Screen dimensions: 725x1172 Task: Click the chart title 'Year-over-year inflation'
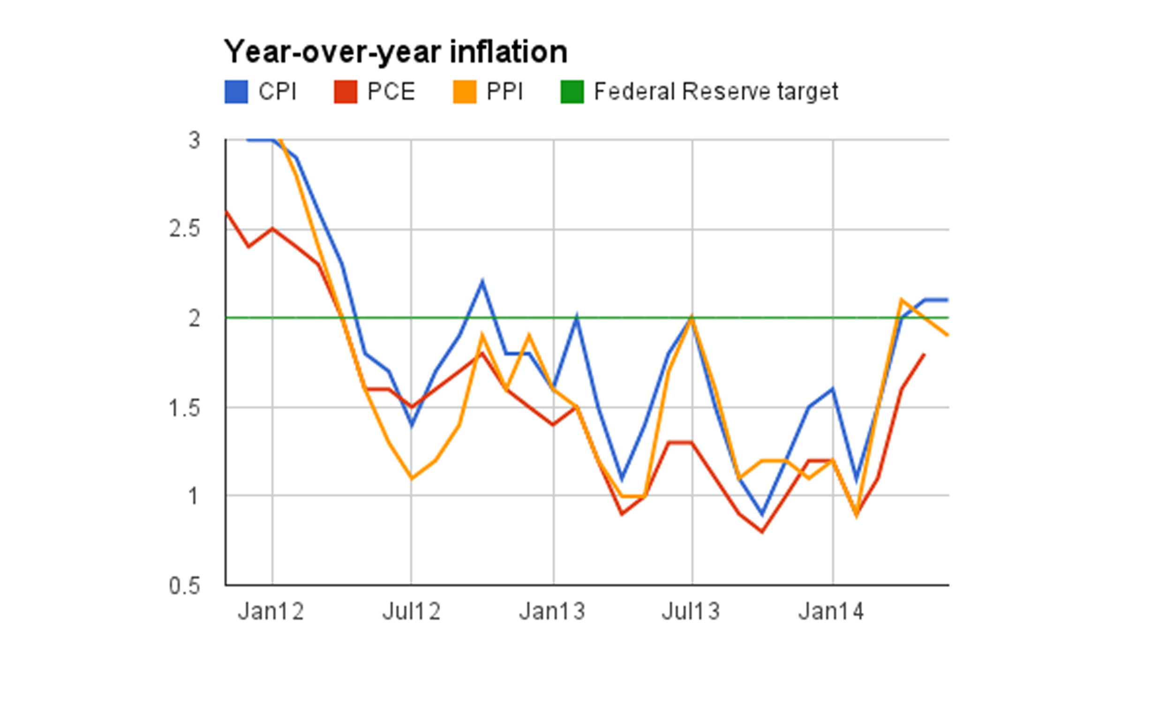tap(396, 51)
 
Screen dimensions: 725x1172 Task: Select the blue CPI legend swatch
tap(236, 91)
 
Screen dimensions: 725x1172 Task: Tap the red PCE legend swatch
tap(345, 91)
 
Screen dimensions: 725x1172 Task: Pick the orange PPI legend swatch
tap(465, 91)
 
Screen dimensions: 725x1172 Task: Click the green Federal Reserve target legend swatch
tap(572, 91)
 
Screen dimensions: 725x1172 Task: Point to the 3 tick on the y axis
tap(194, 141)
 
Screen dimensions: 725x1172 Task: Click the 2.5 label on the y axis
tap(185, 229)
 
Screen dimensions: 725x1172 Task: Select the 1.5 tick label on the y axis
tap(185, 408)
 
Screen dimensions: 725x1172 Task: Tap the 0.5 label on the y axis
tap(185, 585)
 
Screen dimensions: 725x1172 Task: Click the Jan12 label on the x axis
tap(271, 612)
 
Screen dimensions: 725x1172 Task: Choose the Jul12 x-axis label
tap(411, 612)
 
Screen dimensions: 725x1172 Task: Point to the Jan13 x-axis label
tap(552, 612)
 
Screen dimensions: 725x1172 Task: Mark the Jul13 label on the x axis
tap(691, 612)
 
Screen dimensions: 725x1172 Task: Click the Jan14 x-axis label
tap(831, 612)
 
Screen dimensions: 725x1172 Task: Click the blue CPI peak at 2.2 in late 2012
tap(482, 282)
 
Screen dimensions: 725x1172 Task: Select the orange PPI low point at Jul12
tap(411, 478)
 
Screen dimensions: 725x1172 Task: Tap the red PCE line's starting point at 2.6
tap(226, 211)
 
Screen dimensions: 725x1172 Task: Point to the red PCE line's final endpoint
tap(924, 355)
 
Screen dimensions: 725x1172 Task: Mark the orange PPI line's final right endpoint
tap(947, 335)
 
